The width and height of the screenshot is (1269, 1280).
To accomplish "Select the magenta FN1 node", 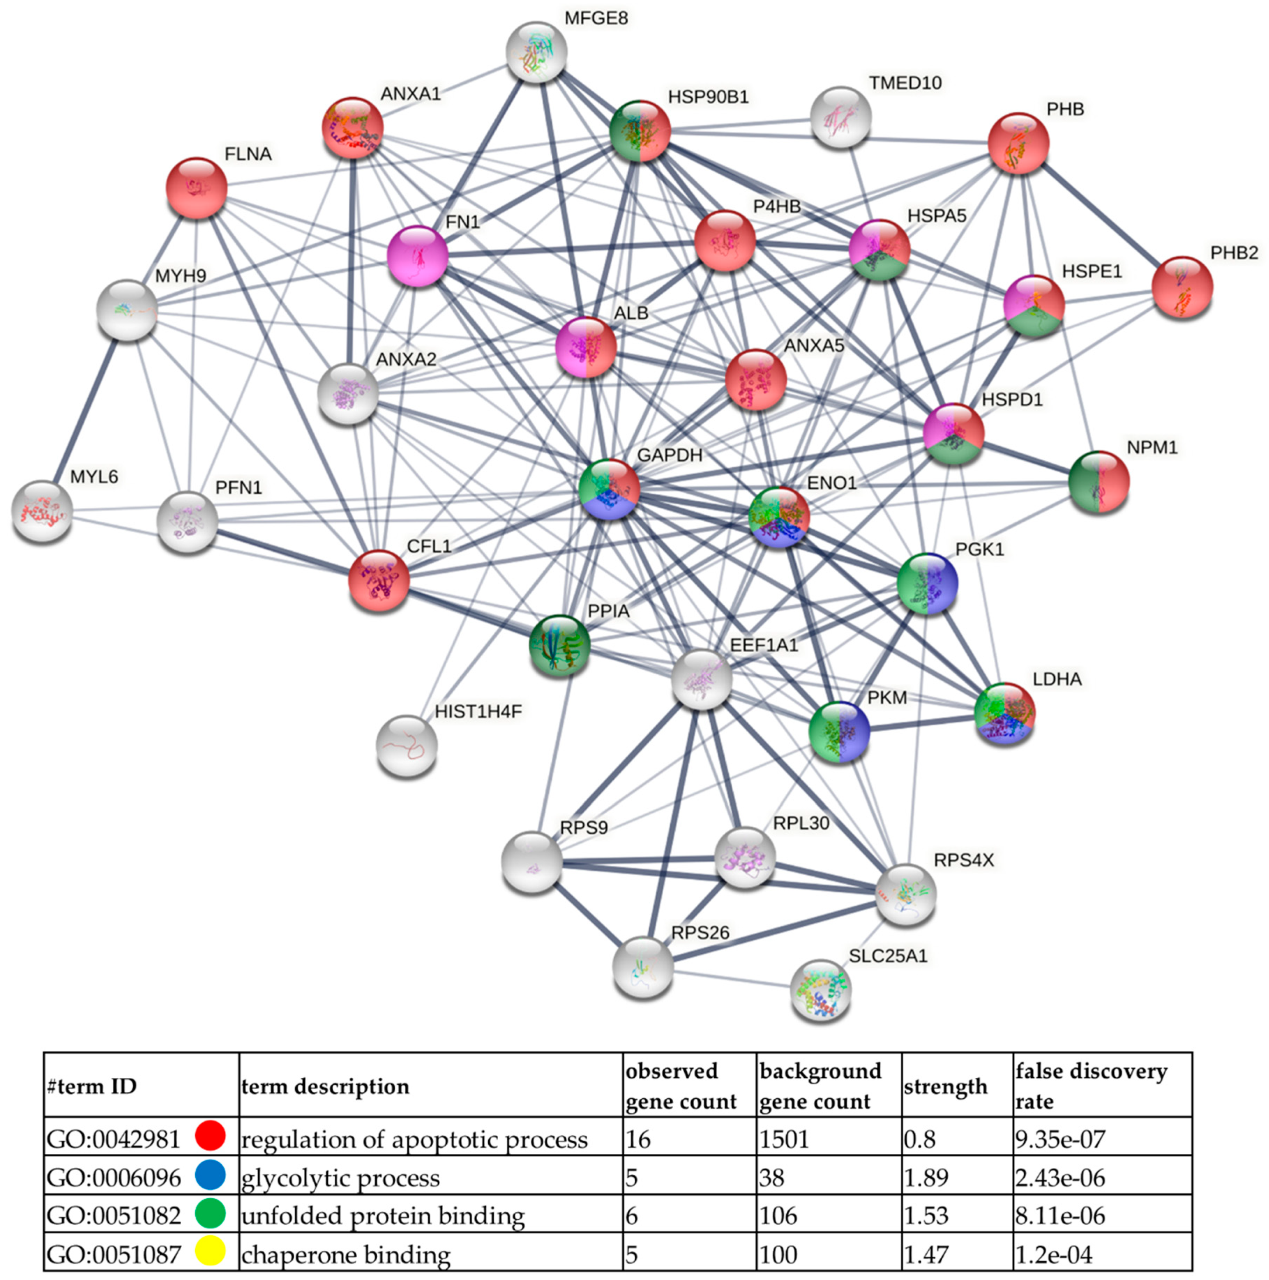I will (x=417, y=256).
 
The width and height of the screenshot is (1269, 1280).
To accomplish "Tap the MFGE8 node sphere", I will (x=536, y=52).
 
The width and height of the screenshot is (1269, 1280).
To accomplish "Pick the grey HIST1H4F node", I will (x=407, y=745).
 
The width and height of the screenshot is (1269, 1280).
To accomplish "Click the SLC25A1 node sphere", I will (x=820, y=990).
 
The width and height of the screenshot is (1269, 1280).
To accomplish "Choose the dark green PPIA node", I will (x=559, y=645).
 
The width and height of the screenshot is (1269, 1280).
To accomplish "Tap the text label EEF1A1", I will (x=764, y=645).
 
